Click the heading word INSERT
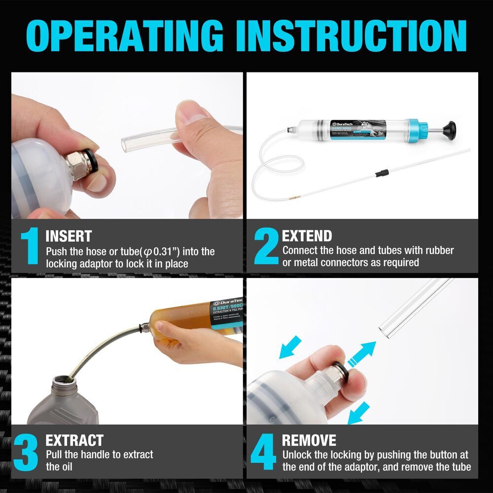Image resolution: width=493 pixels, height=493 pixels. click(69, 236)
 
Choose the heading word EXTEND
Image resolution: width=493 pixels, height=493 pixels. click(307, 236)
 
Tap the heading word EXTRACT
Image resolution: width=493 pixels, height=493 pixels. click(74, 440)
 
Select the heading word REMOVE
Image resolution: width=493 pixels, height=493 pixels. click(309, 440)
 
